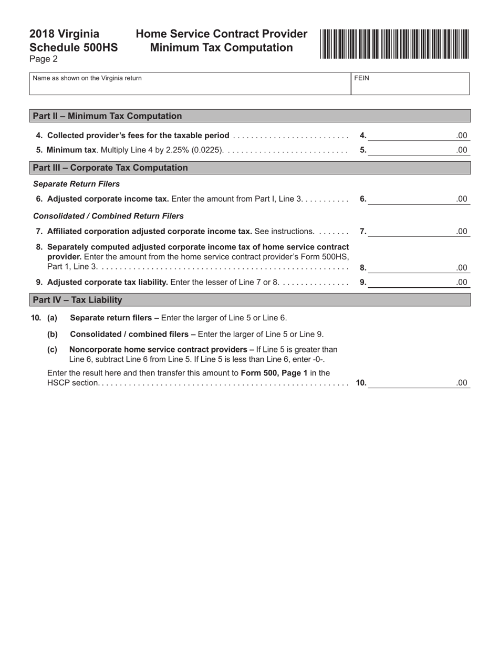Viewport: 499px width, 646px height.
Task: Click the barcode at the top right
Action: point(394,44)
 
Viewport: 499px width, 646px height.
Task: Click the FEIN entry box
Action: point(410,84)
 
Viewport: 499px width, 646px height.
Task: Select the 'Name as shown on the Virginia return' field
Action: point(190,84)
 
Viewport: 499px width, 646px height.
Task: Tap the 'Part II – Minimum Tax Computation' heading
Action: point(107,116)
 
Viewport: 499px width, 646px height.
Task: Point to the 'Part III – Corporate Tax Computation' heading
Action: point(110,168)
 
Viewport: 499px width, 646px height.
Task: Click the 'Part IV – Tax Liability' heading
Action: point(77,300)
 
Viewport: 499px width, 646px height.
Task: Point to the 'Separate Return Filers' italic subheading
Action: point(76,184)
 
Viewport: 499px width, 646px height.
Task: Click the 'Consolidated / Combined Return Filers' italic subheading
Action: point(108,216)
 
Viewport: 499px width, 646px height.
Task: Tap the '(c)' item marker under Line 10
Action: point(52,349)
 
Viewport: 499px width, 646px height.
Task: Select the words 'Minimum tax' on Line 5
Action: point(71,150)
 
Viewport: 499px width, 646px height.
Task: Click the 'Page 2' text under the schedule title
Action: point(44,59)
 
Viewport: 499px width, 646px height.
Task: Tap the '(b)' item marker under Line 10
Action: point(52,334)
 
